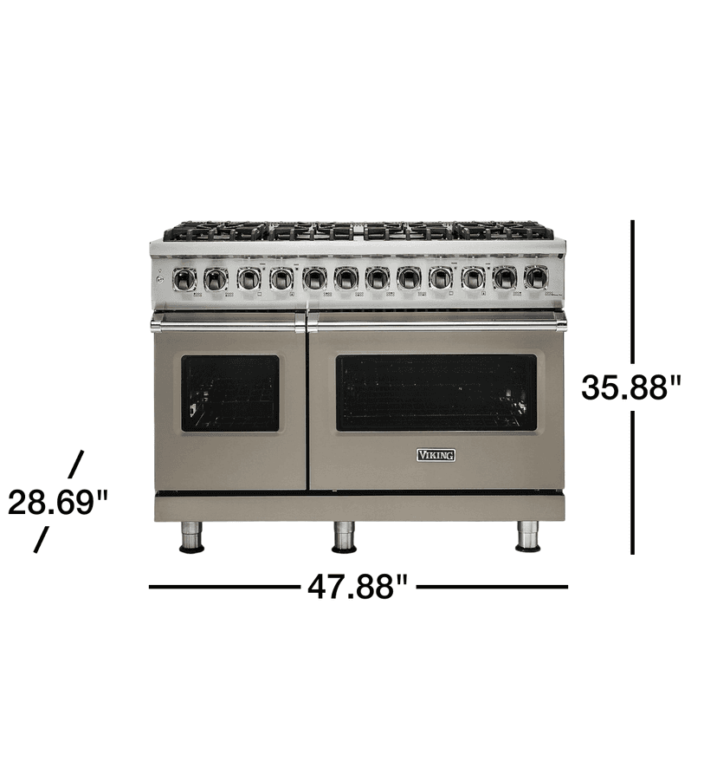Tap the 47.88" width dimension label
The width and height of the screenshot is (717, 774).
357,588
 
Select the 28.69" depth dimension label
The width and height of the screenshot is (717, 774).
58,503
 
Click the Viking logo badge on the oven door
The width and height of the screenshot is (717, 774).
436,455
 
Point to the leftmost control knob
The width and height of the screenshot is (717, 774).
184,278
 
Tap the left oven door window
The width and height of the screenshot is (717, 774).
230,393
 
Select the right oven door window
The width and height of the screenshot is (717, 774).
436,393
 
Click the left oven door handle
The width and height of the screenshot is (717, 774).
228,323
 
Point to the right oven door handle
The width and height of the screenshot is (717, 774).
436,323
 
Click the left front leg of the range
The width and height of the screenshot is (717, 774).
191,537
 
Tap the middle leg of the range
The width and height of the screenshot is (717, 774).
345,537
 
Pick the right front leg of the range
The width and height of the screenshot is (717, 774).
527,537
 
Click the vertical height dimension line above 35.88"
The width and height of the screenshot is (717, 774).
633,290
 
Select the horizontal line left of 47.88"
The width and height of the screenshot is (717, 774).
223,587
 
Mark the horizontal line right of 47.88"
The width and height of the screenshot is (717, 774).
493,587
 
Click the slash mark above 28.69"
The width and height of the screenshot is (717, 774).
76,464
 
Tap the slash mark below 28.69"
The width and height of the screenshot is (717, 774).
41,540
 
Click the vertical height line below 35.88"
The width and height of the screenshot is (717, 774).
633,482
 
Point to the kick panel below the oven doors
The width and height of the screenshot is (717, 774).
359,508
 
